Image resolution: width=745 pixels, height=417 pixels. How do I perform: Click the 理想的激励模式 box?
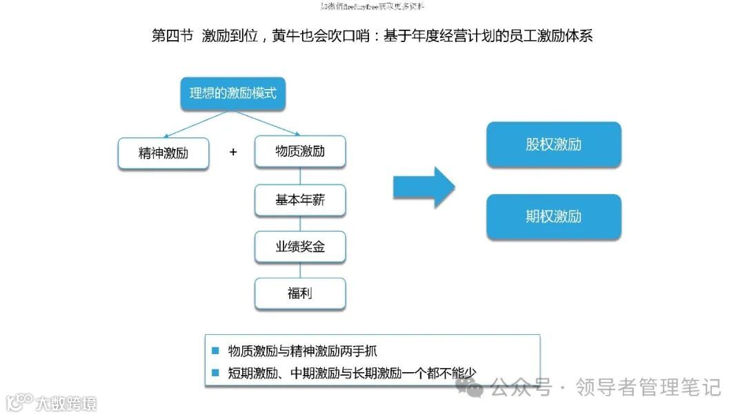click(233, 93)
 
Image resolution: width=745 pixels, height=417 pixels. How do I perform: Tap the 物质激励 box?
click(300, 151)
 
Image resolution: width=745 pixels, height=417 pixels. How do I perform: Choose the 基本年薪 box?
click(300, 200)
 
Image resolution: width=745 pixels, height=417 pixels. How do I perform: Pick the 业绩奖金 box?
click(300, 246)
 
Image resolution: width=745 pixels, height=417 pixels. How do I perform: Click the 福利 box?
click(300, 293)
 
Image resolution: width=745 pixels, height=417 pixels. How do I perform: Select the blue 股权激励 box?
click(553, 145)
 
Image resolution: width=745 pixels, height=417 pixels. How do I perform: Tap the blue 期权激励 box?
click(553, 217)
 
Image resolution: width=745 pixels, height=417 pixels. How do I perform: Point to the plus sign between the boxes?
click(233, 152)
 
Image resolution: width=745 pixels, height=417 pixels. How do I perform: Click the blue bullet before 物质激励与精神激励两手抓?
click(215, 351)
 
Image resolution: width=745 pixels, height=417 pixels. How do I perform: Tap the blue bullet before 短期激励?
click(215, 374)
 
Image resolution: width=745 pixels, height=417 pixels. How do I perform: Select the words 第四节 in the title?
click(172, 35)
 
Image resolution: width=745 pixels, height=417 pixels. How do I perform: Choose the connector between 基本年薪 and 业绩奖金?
click(300, 224)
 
